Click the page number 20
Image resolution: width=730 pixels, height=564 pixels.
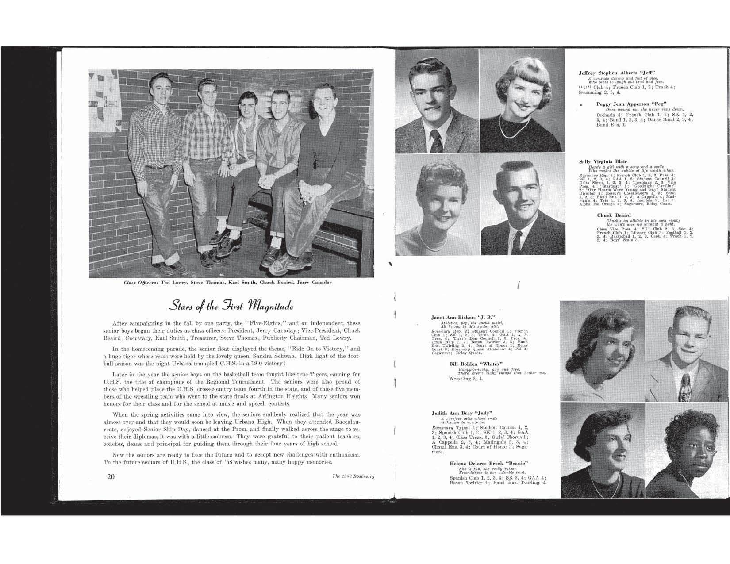(x=110, y=476)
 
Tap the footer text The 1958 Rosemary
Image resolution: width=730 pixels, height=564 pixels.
(x=353, y=476)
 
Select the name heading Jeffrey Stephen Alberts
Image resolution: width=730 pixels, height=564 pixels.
(x=617, y=73)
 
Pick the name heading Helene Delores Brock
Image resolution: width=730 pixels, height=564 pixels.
(x=489, y=463)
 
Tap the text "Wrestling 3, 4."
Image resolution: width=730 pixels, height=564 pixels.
(x=466, y=379)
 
